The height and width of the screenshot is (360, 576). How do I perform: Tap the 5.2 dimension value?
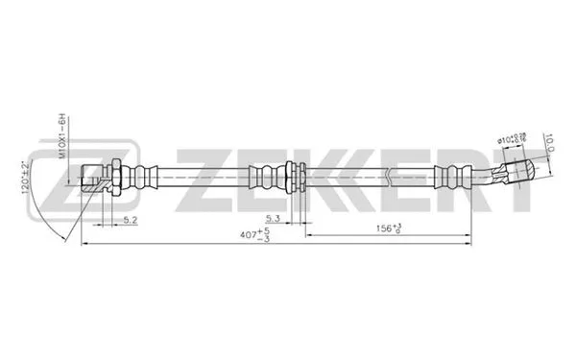click(x=130, y=220)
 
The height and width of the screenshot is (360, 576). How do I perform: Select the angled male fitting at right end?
click(x=515, y=173)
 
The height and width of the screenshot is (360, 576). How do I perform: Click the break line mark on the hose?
click(x=390, y=178)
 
